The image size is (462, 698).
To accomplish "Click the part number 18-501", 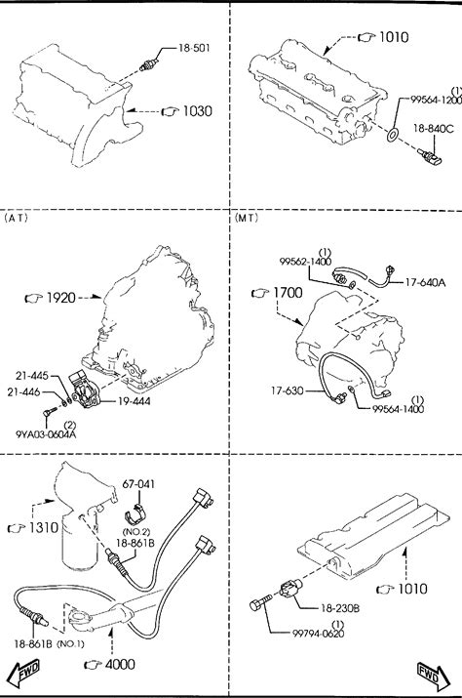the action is (x=194, y=48).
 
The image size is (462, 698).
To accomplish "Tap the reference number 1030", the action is (x=198, y=111).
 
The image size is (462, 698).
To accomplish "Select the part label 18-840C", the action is (x=433, y=129).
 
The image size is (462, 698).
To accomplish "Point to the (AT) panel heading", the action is (x=16, y=218).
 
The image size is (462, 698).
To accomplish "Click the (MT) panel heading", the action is (x=246, y=218).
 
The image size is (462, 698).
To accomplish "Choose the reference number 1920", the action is (x=61, y=298).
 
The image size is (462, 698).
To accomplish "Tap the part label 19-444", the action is (x=135, y=401).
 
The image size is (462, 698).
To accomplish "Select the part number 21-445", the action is (x=32, y=376).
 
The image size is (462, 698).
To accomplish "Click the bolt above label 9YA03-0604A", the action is (x=50, y=412).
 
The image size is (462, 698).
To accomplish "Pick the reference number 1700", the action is (x=288, y=293).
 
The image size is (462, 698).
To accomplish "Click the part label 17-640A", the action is (x=425, y=282).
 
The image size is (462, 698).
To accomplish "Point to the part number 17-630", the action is (x=288, y=390).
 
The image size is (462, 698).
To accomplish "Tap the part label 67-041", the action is (x=138, y=483).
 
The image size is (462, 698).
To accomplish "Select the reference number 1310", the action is (x=44, y=527).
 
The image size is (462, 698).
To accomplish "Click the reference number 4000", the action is (x=120, y=664).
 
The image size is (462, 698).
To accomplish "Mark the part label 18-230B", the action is (x=340, y=607).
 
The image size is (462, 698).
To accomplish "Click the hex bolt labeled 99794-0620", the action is (x=260, y=602).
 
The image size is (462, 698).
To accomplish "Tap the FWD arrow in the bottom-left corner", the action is (x=24, y=673).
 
